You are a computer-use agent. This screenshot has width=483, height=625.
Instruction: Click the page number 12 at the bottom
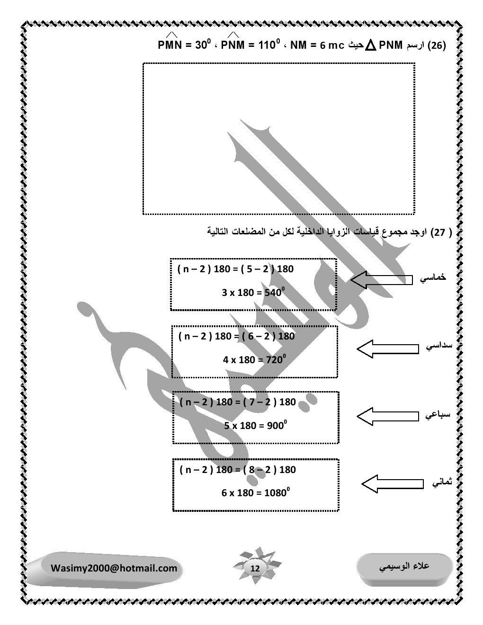pos(255,568)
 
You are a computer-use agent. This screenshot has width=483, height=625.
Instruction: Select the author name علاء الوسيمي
pos(405,565)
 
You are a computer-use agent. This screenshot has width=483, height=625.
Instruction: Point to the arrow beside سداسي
pos(387,349)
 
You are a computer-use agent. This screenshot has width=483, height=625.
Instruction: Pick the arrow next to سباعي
pos(387,416)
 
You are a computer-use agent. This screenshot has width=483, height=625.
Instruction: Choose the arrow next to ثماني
pos(393,483)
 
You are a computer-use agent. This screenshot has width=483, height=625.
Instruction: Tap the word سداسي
pos(438,347)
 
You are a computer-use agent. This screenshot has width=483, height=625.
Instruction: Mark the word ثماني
pos(441,482)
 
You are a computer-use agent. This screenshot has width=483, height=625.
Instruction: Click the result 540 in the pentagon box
pos(273,293)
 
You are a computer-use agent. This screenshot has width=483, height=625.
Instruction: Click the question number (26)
pos(437,46)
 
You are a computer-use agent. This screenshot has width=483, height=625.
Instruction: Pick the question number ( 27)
pos(438,232)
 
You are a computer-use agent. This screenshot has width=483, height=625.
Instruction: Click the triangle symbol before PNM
pos(371,46)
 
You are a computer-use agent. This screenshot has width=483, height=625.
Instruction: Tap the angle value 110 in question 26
pos(267,46)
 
